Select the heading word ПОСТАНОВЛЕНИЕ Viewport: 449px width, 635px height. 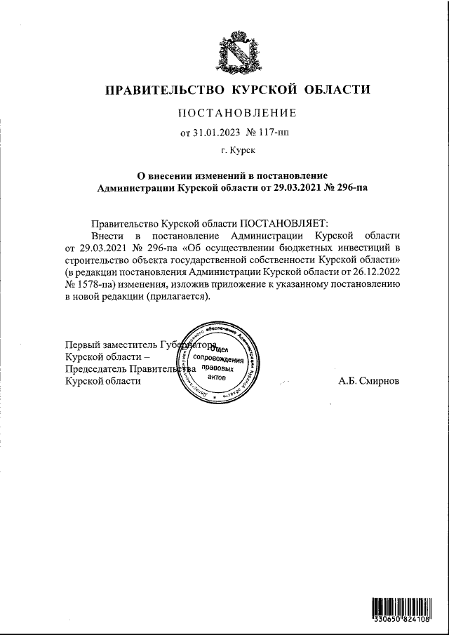(237, 113)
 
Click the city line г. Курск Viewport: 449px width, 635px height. (237, 150)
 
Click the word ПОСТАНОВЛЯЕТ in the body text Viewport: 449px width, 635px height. (279, 221)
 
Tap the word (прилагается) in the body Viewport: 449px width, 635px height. (178, 297)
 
